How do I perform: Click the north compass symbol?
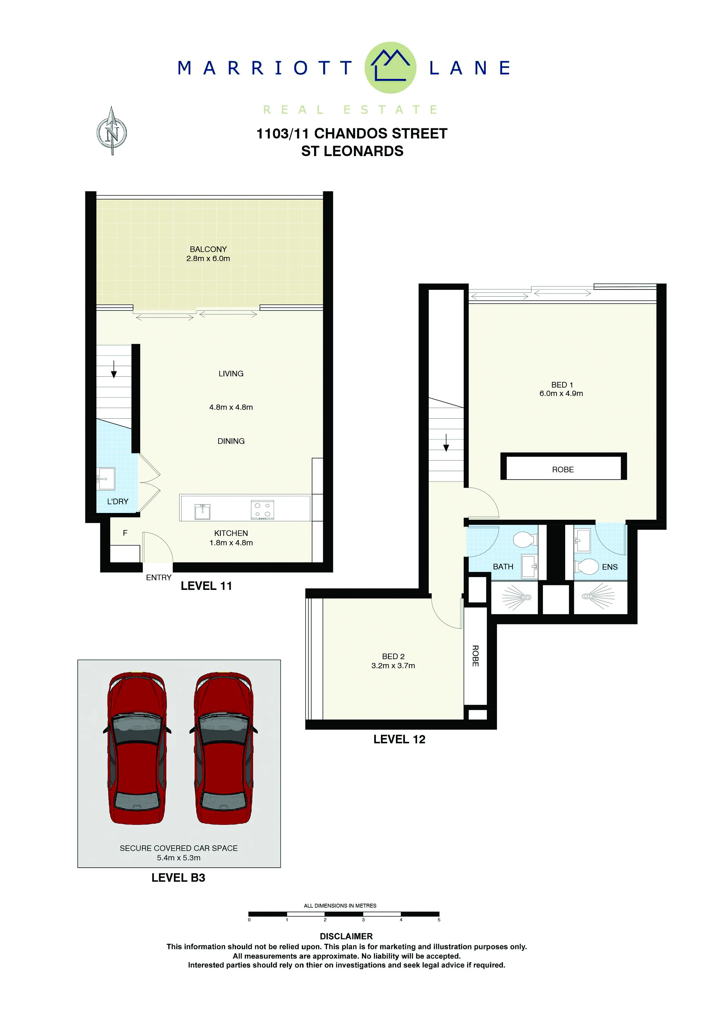click(112, 131)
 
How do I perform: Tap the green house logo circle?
click(390, 68)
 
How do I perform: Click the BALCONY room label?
click(208, 249)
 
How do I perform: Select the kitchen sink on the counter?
click(203, 511)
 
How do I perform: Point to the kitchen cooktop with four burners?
click(262, 510)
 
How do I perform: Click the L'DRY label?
click(117, 502)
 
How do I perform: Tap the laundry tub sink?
click(106, 479)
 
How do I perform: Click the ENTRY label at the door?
click(159, 578)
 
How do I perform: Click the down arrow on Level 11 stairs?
click(114, 369)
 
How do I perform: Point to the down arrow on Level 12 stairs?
click(446, 443)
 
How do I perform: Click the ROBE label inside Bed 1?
click(563, 470)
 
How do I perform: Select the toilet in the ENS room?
click(587, 566)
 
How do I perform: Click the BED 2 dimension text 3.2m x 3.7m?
click(393, 666)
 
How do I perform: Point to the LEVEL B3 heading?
click(178, 878)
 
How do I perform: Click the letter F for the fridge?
click(125, 533)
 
